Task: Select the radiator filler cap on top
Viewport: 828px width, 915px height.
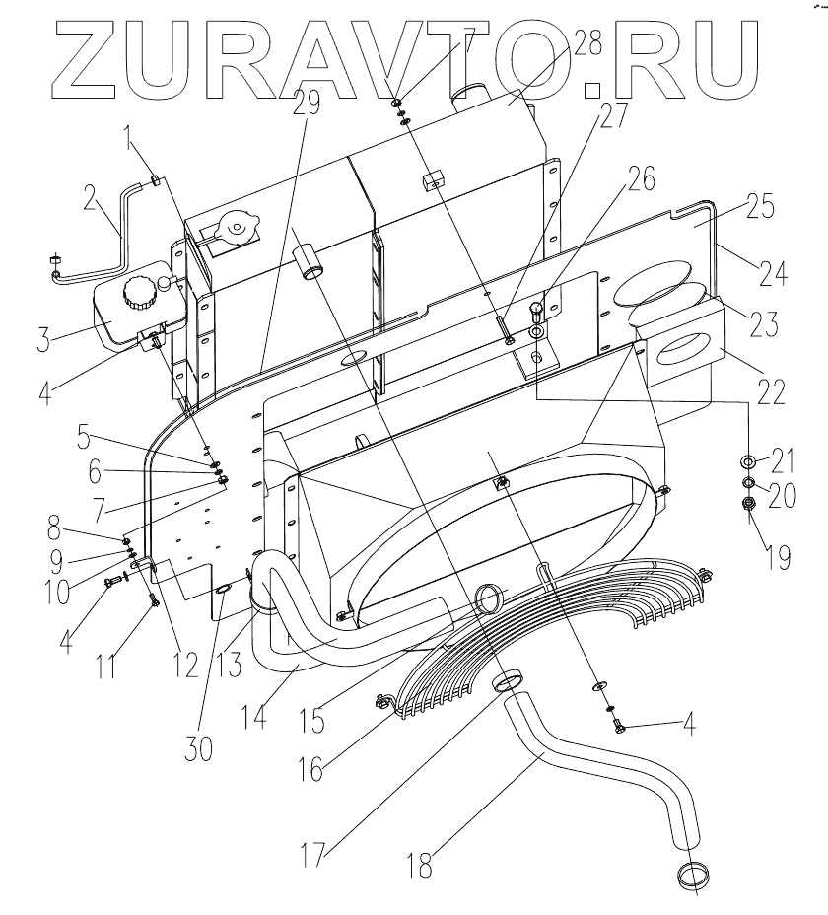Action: [238, 228]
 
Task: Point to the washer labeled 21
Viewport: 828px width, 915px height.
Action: [747, 460]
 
